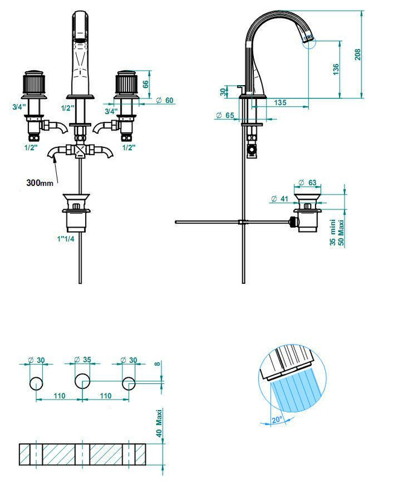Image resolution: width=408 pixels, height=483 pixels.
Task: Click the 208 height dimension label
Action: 357,54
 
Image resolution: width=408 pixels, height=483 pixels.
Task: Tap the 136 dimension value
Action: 336,69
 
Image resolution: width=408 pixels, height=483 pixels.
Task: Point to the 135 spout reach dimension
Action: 280,102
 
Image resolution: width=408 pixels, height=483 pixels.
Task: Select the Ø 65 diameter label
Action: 225,115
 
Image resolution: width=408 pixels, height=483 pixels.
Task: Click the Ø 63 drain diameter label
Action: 308,183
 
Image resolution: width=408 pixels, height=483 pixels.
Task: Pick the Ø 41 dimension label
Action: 279,199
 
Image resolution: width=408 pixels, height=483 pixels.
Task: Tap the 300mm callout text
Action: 40,183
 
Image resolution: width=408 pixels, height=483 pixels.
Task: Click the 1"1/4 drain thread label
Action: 66,238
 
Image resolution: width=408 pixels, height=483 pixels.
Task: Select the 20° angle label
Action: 277,420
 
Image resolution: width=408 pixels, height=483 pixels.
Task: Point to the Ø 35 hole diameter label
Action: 83,359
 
